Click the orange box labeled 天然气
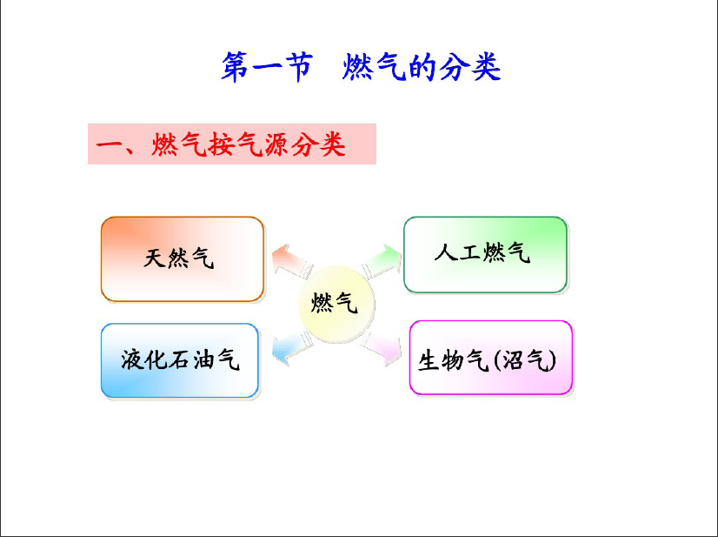(x=183, y=259)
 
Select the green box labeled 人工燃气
(x=485, y=254)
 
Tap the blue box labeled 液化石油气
(x=180, y=360)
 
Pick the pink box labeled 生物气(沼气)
(x=491, y=358)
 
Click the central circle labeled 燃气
(x=336, y=304)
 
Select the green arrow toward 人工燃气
(x=382, y=261)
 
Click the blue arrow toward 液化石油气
(x=292, y=348)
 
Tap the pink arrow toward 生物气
(x=381, y=347)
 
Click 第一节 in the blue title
(x=267, y=67)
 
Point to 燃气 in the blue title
(x=373, y=67)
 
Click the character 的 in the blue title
(x=422, y=67)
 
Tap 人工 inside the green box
(x=457, y=252)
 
